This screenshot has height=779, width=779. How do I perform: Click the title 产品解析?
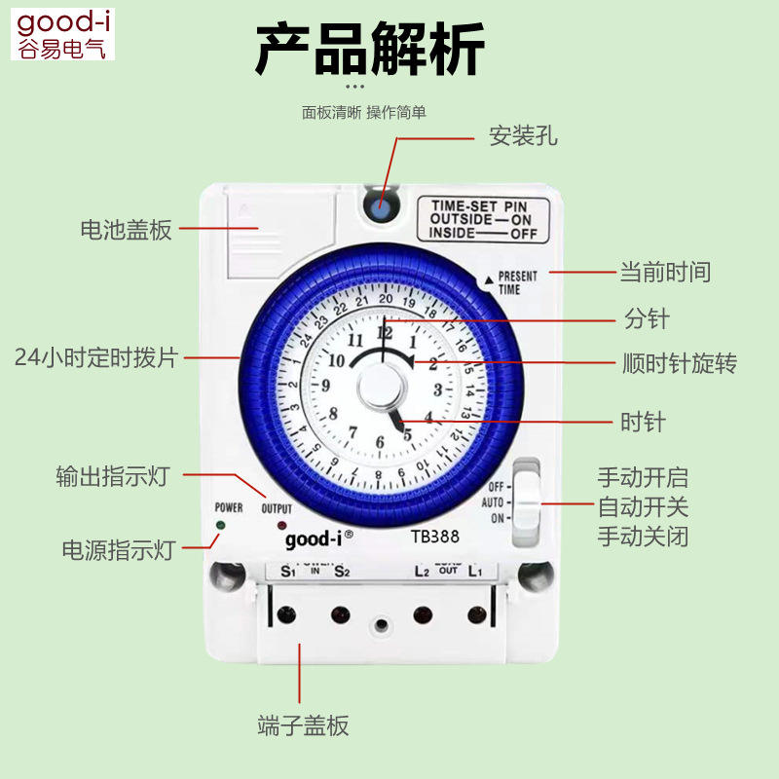pos(369,52)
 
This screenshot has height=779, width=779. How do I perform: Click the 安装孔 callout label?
pos(523,136)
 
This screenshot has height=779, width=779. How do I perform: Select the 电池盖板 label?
pos(126,230)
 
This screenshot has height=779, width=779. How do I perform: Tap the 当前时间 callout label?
pos(665,273)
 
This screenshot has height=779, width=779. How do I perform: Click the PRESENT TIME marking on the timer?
pos(515,282)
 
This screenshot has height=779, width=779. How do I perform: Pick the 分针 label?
pos(647,318)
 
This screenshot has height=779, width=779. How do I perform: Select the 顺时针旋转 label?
pos(680,364)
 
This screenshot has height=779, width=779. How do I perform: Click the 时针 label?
pos(644,422)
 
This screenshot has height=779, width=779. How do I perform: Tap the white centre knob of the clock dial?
pos(382,390)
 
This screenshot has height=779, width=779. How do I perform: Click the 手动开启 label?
pos(643,478)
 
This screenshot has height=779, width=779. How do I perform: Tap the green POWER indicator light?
pos(220,526)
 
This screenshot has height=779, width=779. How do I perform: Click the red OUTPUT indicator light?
pos(281,526)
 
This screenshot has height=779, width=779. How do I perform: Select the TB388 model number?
pos(434,536)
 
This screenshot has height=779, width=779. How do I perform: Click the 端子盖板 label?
pos(303,725)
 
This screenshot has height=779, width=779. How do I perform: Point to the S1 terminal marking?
pos(287,571)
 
